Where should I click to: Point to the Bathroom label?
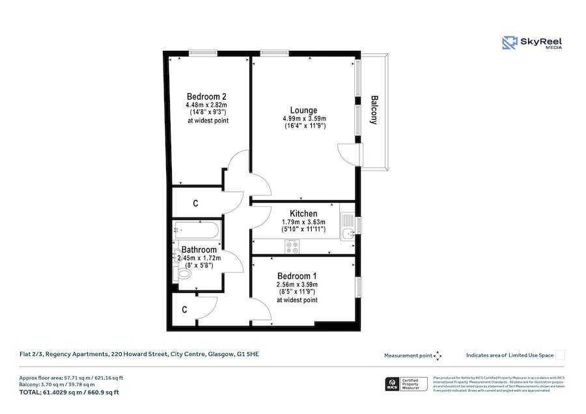[199, 249]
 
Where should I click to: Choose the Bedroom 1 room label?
[297, 275]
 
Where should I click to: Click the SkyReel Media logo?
[532, 43]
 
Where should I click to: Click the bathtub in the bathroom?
[197, 230]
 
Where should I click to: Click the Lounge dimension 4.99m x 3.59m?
[304, 118]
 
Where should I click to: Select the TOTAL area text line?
[68, 392]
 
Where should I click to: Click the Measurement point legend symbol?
[438, 355]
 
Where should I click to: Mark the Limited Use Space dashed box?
[561, 355]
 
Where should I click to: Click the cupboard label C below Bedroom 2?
[195, 204]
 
